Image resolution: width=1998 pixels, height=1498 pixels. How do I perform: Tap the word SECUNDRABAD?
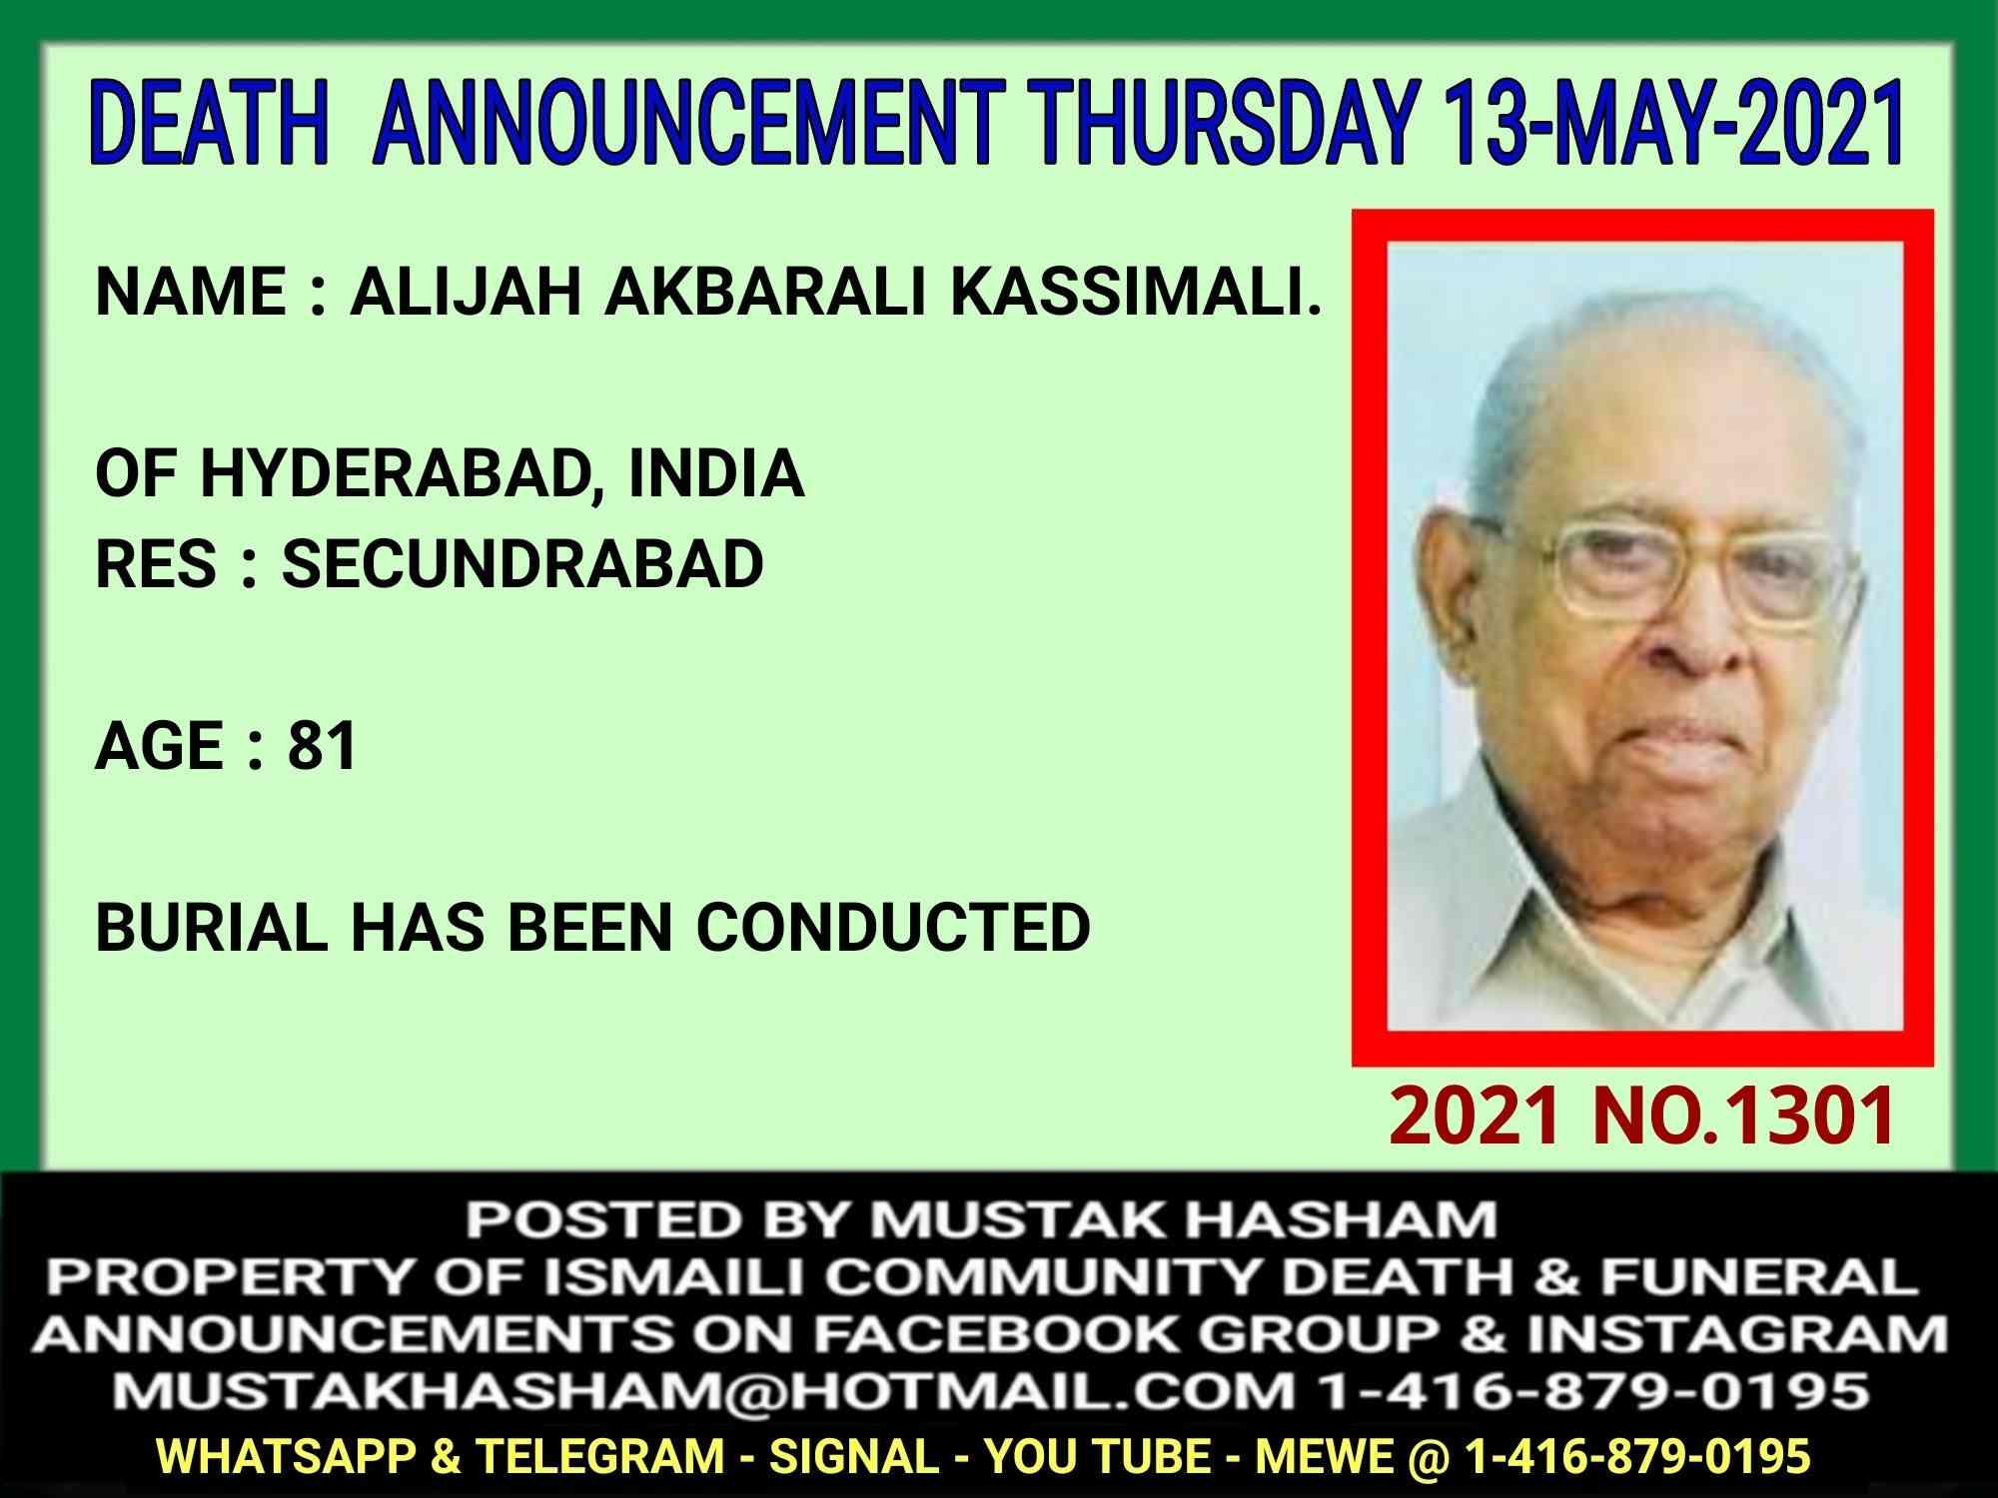coord(521,563)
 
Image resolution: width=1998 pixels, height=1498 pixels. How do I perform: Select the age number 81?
coord(322,746)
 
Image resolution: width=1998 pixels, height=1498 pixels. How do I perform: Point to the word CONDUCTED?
coord(893,928)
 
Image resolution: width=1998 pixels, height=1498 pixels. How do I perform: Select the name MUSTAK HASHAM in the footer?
coord(1184,1220)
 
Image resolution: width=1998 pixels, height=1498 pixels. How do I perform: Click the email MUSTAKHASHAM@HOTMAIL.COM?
coord(698,1390)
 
